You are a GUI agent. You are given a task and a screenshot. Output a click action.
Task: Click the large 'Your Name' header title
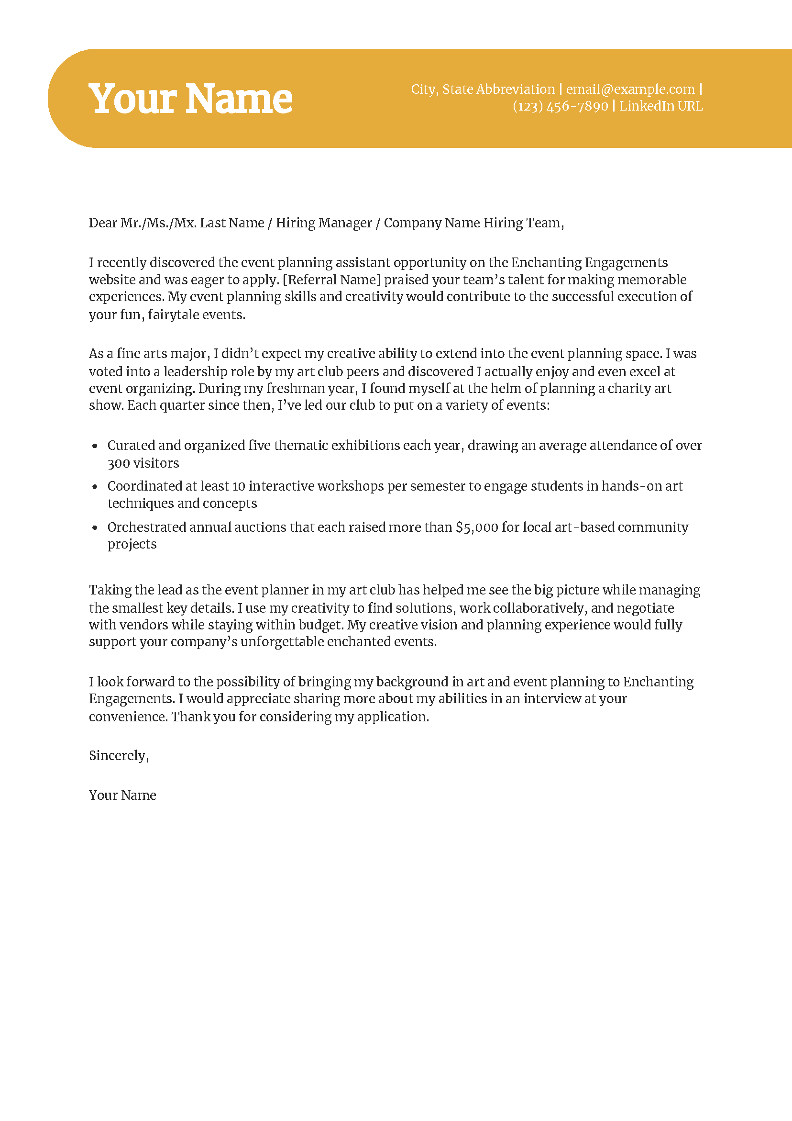point(190,99)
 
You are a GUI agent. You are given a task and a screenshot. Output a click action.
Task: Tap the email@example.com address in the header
point(630,90)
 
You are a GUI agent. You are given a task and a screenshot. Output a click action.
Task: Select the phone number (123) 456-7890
point(560,106)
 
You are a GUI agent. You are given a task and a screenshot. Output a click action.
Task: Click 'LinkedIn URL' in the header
point(661,106)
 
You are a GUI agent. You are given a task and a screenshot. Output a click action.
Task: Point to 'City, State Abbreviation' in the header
point(483,90)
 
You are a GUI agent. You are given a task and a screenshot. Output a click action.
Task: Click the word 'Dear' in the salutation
point(102,223)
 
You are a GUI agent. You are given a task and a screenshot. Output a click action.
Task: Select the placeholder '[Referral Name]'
point(331,280)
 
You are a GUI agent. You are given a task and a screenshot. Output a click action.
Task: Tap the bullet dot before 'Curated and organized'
point(95,446)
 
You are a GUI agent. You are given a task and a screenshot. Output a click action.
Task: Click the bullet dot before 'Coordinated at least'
point(95,486)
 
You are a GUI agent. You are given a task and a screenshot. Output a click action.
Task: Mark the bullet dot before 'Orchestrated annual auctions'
point(95,527)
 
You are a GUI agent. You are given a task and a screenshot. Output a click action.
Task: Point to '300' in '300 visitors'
point(119,463)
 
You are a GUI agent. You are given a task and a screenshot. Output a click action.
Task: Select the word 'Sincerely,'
point(119,756)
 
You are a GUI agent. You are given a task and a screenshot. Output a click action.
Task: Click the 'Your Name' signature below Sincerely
point(122,796)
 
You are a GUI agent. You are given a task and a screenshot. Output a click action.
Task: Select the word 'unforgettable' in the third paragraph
point(282,641)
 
